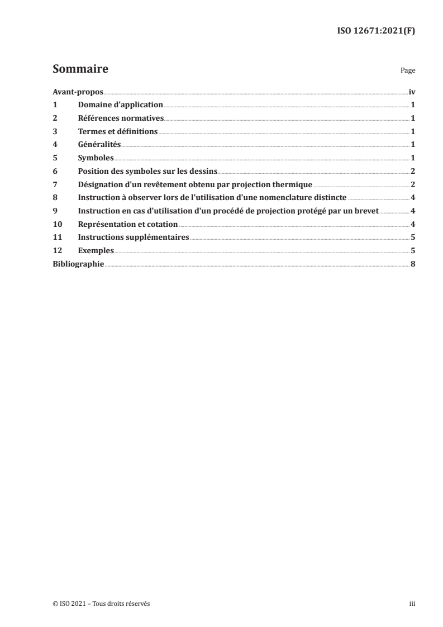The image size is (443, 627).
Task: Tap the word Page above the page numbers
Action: tap(408, 71)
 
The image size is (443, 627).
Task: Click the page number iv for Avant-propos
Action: tap(412, 92)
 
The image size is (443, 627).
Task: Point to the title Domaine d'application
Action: tap(120, 104)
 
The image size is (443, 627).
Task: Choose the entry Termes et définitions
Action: tap(118, 131)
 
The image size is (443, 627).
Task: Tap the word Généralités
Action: tap(99, 144)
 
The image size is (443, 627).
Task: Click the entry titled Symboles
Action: tap(96, 158)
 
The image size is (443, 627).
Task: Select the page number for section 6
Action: tap(412, 171)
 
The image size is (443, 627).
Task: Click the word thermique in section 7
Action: tap(292, 184)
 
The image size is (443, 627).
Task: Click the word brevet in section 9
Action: tap(366, 211)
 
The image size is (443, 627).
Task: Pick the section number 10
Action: tap(56, 224)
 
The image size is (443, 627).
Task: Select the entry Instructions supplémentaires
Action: tap(134, 237)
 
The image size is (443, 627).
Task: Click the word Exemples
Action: tap(96, 250)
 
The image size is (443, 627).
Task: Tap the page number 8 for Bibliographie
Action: tap(412, 264)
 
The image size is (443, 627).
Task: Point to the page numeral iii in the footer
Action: tap(412, 604)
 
